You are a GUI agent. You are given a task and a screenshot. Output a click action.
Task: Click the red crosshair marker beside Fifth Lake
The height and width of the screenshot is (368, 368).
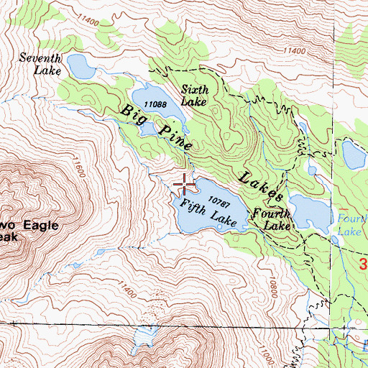(x=185, y=185)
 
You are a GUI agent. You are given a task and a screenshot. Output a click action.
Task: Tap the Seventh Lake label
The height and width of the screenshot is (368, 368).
(x=41, y=65)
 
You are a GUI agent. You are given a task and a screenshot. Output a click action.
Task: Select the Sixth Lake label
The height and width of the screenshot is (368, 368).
(x=193, y=96)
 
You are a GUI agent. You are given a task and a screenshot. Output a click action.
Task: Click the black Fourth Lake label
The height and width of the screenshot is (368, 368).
(x=271, y=219)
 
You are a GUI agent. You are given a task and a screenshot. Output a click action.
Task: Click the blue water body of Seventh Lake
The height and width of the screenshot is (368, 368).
(x=82, y=68)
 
